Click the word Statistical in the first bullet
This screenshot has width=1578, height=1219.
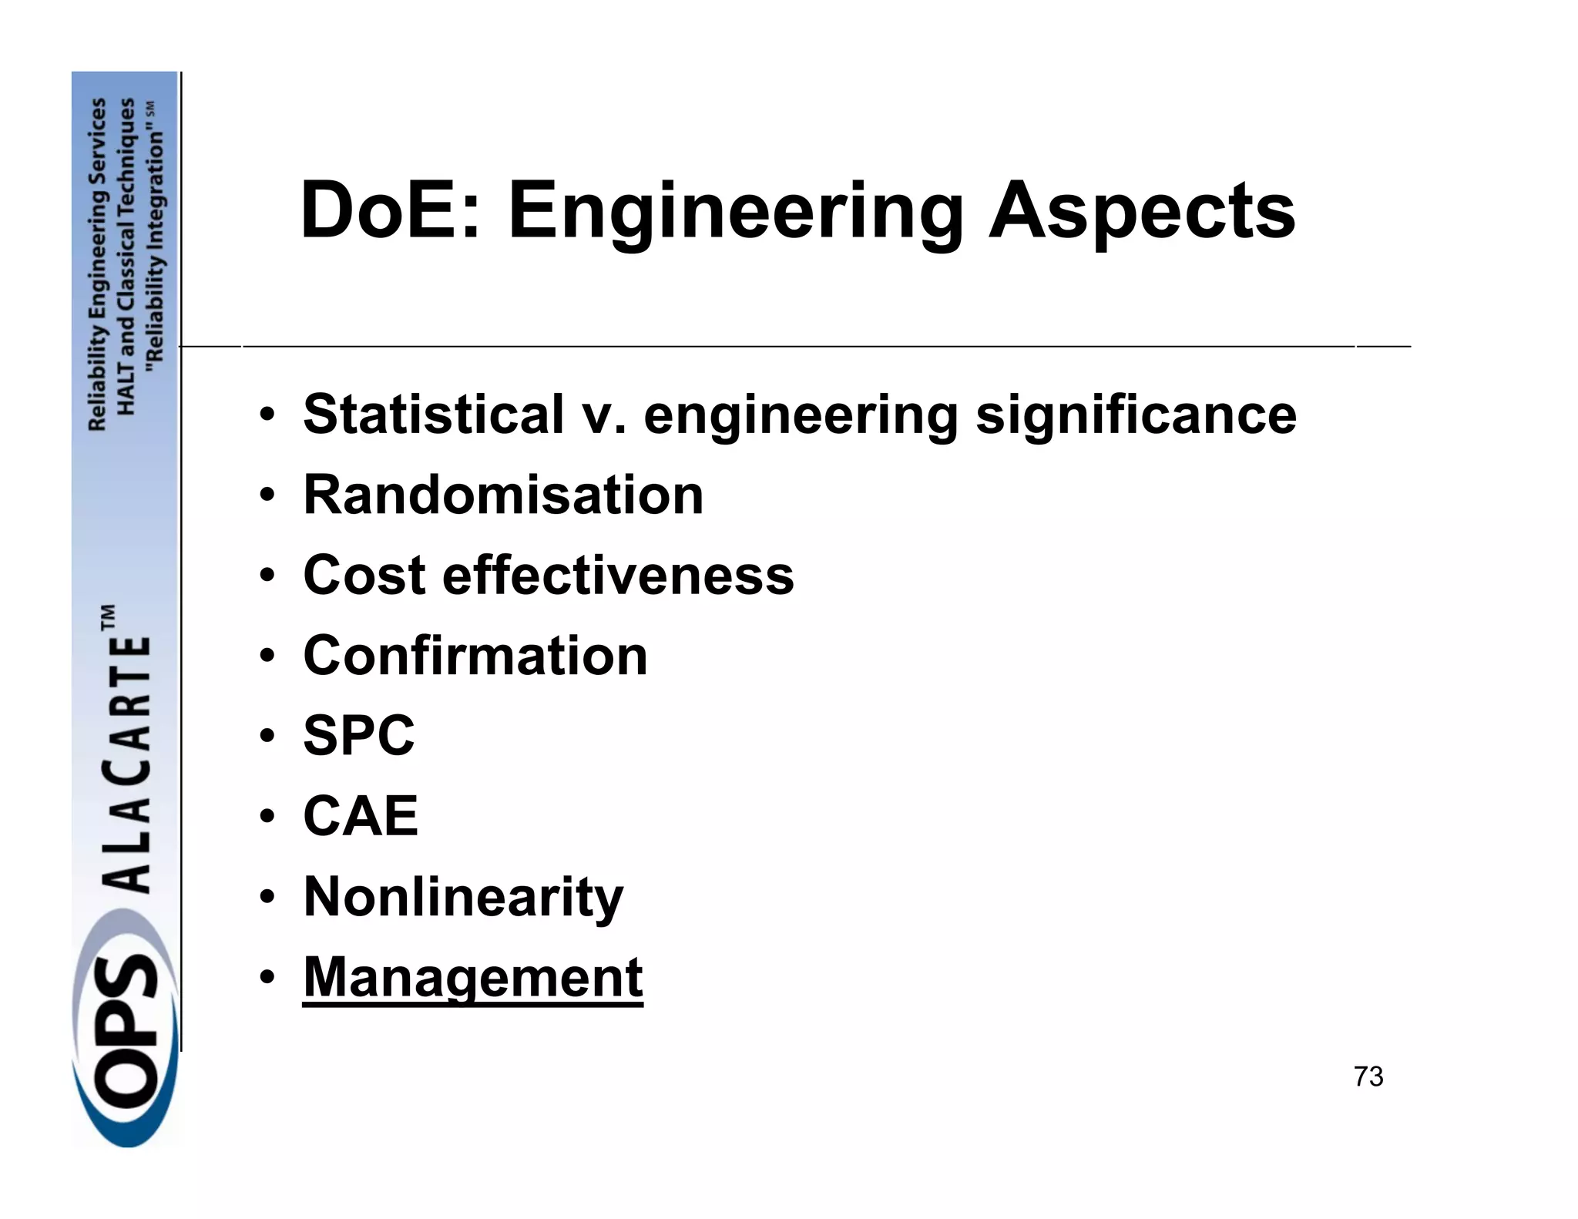pos(433,415)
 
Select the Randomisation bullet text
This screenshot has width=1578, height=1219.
pos(503,495)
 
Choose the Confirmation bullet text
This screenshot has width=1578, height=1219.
pos(475,656)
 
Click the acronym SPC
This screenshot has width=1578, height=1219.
pos(359,735)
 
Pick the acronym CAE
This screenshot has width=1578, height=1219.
pos(361,816)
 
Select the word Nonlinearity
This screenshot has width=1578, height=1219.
pos(463,897)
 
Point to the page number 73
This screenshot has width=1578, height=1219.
pos(1368,1076)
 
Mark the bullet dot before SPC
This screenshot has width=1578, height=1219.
pos(267,737)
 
